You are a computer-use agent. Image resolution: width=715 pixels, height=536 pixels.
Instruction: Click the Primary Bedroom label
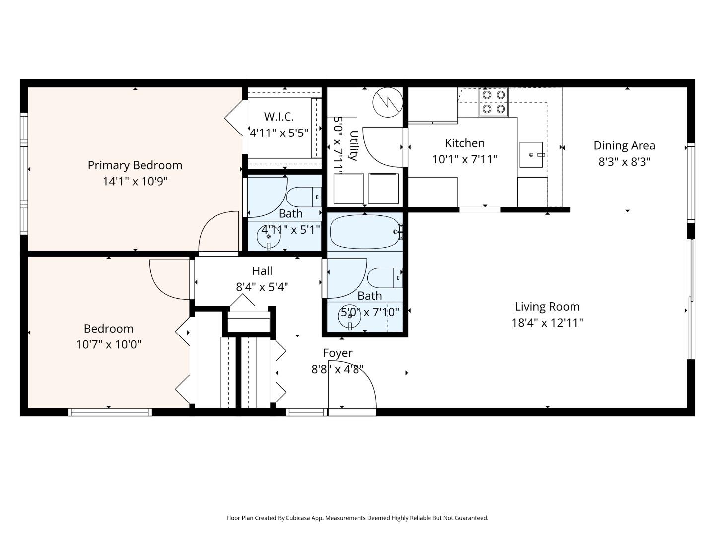pos(135,165)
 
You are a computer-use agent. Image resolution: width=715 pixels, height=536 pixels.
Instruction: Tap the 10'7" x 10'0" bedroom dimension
pos(108,344)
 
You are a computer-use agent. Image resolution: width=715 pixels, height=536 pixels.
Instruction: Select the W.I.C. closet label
pos(279,117)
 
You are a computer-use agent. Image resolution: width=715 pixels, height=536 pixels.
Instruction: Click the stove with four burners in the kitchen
pos(494,102)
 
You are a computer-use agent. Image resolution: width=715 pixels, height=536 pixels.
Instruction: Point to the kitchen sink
pos(531,155)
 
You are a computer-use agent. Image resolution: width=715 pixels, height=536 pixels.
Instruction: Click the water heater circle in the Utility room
pos(387,103)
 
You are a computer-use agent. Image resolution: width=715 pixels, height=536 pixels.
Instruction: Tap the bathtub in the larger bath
pos(365,231)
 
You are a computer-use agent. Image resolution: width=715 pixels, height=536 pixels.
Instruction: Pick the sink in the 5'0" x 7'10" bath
pos(351,317)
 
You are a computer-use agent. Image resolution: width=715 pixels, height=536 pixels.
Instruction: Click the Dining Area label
pos(624,146)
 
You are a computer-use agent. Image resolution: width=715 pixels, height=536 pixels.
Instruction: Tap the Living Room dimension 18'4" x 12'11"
pos(547,323)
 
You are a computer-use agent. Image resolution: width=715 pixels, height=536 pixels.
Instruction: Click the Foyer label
pos(337,353)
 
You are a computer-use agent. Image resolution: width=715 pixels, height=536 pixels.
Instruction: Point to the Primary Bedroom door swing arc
pos(217,232)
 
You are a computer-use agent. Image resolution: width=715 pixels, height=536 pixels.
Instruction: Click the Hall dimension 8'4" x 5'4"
pos(262,287)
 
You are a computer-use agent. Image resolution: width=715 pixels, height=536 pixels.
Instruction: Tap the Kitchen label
pos(464,143)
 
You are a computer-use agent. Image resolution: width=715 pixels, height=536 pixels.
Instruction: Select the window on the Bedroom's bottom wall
pos(110,412)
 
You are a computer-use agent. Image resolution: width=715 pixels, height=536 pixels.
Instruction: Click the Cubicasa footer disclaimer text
pos(357,518)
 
